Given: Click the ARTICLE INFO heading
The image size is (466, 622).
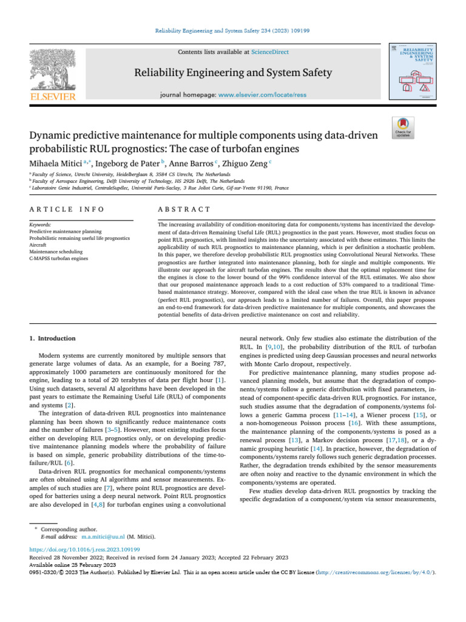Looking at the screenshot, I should [x=66, y=210].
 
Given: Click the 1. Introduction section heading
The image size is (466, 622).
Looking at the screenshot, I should [x=53, y=338].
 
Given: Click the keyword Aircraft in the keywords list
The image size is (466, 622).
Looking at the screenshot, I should [x=38, y=245].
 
